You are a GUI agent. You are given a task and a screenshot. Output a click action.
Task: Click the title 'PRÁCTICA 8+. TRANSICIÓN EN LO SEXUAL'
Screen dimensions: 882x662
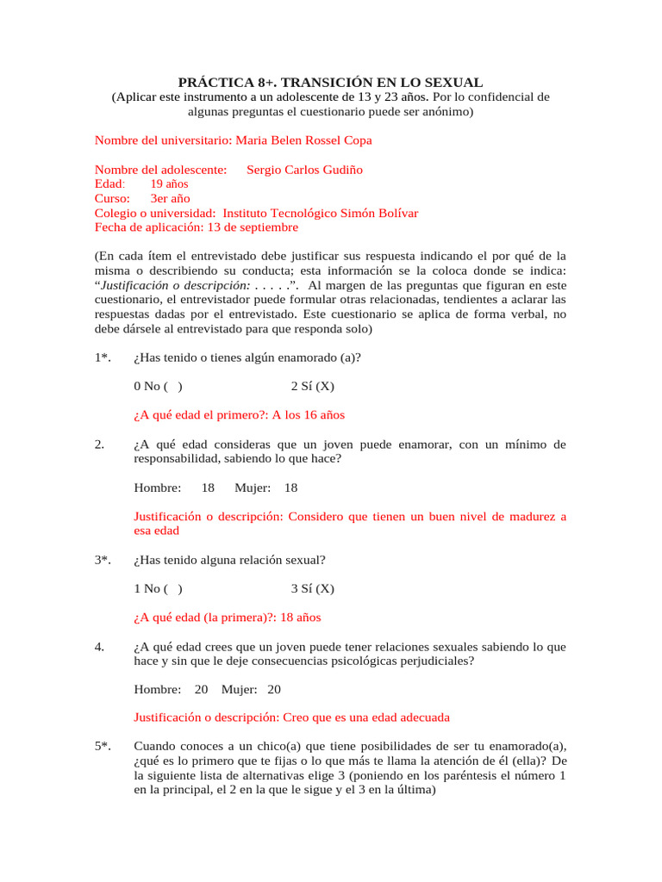pyautogui.click(x=330, y=83)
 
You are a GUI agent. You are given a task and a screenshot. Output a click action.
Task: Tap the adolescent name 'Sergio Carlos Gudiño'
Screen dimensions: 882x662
pyautogui.click(x=304, y=170)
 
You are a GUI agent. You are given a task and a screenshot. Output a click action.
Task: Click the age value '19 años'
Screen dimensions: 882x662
pyautogui.click(x=169, y=184)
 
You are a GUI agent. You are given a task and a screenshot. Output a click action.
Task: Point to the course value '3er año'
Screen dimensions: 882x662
pyautogui.click(x=170, y=199)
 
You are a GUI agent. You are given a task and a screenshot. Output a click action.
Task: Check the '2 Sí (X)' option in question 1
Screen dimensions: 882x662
pyautogui.click(x=312, y=386)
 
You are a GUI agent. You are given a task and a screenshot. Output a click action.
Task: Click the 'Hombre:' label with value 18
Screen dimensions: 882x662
pyautogui.click(x=158, y=488)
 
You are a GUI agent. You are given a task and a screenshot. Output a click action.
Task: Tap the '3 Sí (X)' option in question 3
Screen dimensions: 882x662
pyautogui.click(x=312, y=589)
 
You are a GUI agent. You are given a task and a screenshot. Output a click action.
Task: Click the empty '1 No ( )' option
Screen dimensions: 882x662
pyautogui.click(x=158, y=589)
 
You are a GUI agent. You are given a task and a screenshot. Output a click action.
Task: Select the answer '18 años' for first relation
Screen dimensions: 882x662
pyautogui.click(x=297, y=618)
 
